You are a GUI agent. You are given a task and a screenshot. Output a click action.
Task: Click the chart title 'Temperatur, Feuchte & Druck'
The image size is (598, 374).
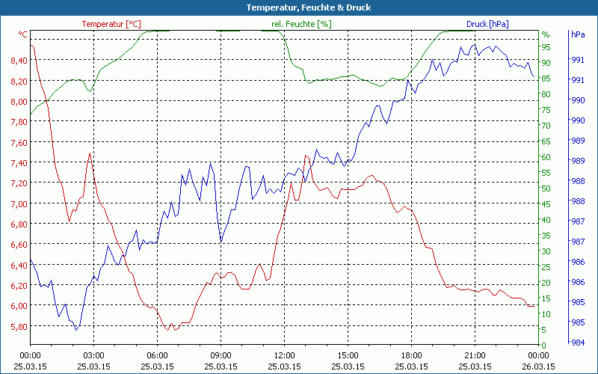[298, 7]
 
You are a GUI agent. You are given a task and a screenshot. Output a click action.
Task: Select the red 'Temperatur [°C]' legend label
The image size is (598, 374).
[111, 24]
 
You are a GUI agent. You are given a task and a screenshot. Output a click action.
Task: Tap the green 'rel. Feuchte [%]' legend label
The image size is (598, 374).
[301, 24]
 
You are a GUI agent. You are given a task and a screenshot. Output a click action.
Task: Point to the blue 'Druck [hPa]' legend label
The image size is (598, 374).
[487, 24]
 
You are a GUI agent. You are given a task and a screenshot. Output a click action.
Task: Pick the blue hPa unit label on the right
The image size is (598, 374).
[577, 34]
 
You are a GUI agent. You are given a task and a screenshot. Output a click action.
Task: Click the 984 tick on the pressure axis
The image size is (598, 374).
[577, 343]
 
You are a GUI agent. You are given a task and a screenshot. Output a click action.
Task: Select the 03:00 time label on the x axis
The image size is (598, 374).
[93, 355]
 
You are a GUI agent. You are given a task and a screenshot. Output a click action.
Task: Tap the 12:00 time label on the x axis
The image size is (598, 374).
[284, 355]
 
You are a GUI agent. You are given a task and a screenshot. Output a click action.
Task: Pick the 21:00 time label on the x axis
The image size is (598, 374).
[475, 355]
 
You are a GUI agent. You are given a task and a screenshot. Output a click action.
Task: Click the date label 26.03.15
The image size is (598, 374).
[538, 367]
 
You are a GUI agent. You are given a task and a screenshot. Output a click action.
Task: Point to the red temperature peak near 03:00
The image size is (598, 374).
[90, 153]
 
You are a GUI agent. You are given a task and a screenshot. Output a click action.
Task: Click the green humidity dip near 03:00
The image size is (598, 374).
[90, 91]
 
